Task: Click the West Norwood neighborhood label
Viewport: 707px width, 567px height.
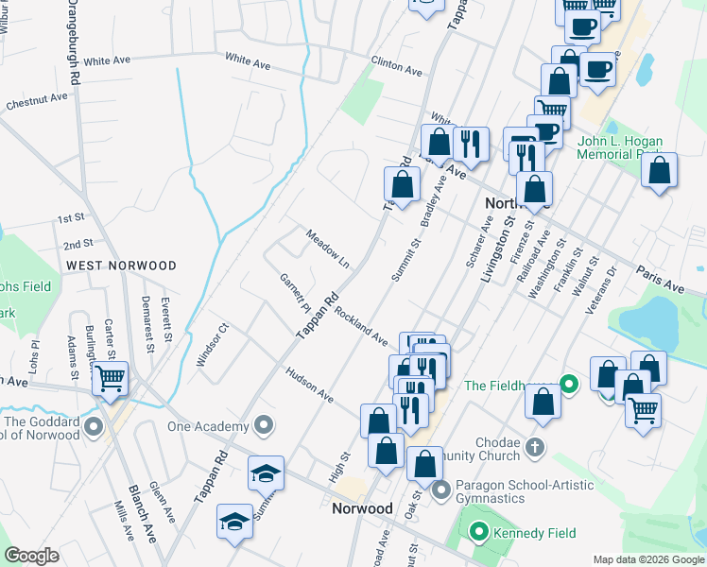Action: [x=121, y=266]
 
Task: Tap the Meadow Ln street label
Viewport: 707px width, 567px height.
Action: [x=327, y=248]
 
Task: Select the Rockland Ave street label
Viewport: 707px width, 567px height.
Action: [x=359, y=324]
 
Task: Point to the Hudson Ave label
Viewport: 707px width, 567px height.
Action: [x=310, y=384]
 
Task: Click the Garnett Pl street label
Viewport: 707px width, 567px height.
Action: [x=295, y=293]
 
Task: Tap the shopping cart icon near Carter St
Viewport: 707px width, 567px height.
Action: [x=111, y=379]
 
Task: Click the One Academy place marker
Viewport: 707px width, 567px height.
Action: [x=265, y=426]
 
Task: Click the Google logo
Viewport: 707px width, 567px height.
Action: [x=31, y=555]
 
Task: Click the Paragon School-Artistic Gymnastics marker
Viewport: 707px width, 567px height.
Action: [x=440, y=490]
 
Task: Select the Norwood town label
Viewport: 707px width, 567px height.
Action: [x=362, y=508]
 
